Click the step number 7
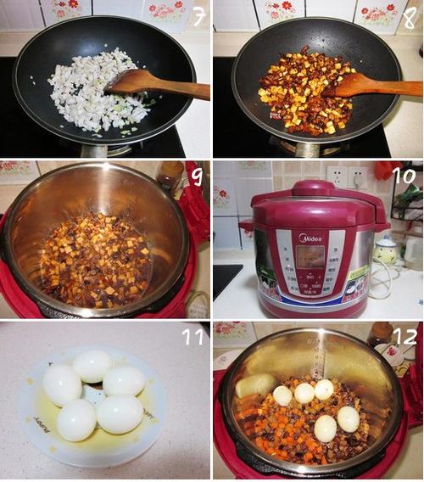(198, 16)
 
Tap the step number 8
(410, 16)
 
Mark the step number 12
(404, 336)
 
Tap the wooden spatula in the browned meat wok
(370, 84)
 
